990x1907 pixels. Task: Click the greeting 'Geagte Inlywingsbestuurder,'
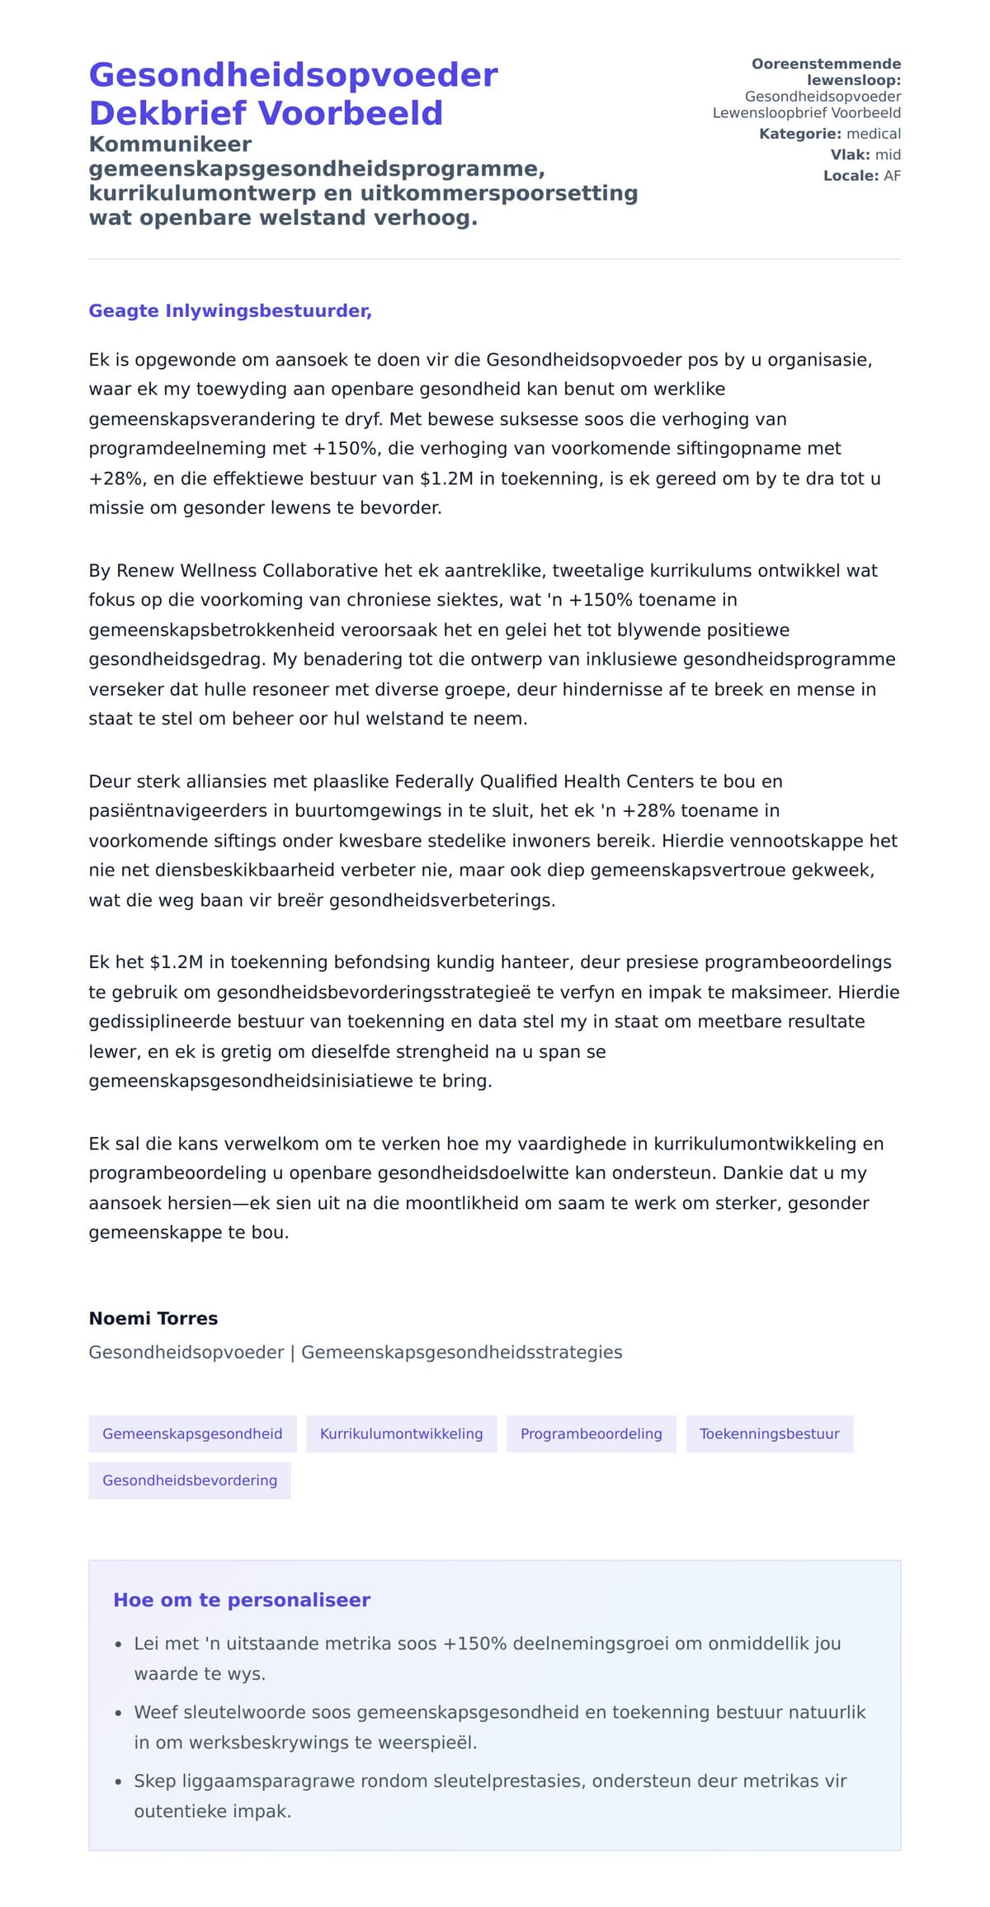click(230, 311)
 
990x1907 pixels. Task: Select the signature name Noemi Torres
click(153, 1318)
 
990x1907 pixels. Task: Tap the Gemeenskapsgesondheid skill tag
click(192, 1433)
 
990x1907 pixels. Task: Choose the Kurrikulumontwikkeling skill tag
click(401, 1433)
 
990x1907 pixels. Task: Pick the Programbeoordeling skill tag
click(591, 1433)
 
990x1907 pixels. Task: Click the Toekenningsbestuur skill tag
click(769, 1433)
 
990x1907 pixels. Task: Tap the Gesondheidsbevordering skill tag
click(190, 1480)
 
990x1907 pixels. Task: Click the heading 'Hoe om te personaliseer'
click(242, 1600)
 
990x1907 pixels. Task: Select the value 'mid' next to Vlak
click(888, 154)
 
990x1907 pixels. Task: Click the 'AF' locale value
click(892, 176)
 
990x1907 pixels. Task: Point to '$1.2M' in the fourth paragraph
click(176, 961)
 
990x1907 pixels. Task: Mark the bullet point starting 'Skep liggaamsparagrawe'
click(490, 1781)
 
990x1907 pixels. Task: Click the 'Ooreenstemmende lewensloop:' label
click(826, 72)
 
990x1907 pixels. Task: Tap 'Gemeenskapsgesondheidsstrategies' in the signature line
click(461, 1352)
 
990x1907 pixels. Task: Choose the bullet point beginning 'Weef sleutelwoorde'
click(499, 1711)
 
